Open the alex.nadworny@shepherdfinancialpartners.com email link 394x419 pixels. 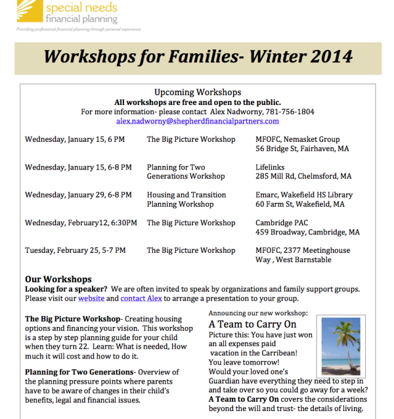tap(197, 121)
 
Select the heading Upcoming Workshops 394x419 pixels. tap(197, 93)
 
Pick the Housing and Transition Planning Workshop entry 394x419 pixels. tap(186, 200)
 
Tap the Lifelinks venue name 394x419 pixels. tap(271, 167)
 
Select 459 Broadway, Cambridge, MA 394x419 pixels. tap(307, 232)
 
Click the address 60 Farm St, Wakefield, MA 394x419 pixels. tap(299, 204)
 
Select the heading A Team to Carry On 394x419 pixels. tap(252, 324)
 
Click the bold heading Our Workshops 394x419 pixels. tap(58, 279)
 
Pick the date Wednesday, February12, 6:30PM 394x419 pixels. tap(81, 223)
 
